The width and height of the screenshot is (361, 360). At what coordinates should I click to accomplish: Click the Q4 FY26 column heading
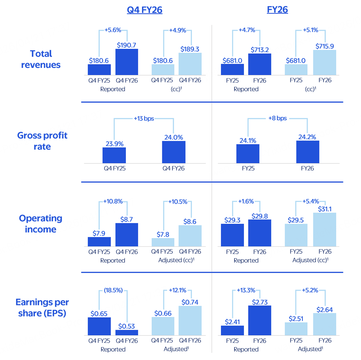tap(144, 10)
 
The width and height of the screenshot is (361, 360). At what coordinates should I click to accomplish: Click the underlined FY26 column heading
tap(277, 10)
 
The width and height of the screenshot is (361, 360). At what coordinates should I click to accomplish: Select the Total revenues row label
tap(41, 59)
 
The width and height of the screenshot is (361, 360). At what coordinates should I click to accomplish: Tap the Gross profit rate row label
tap(43, 141)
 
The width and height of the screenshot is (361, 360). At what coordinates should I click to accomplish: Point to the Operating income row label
tap(41, 224)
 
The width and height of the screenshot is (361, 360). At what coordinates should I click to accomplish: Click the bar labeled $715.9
tap(325, 62)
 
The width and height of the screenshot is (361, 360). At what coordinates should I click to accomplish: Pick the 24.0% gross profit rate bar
tap(173, 152)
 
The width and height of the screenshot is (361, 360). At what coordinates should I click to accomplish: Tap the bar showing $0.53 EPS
tap(127, 332)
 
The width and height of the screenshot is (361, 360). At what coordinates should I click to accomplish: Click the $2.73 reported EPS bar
tap(260, 320)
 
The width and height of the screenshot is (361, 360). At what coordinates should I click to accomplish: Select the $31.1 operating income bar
tap(325, 230)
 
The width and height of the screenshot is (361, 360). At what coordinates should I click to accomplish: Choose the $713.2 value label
tap(260, 50)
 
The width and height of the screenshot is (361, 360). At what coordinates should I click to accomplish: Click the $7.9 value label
tap(99, 233)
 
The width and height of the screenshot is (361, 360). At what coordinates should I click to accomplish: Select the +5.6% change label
tap(113, 30)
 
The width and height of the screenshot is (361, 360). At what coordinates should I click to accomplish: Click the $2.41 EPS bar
tap(232, 330)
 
